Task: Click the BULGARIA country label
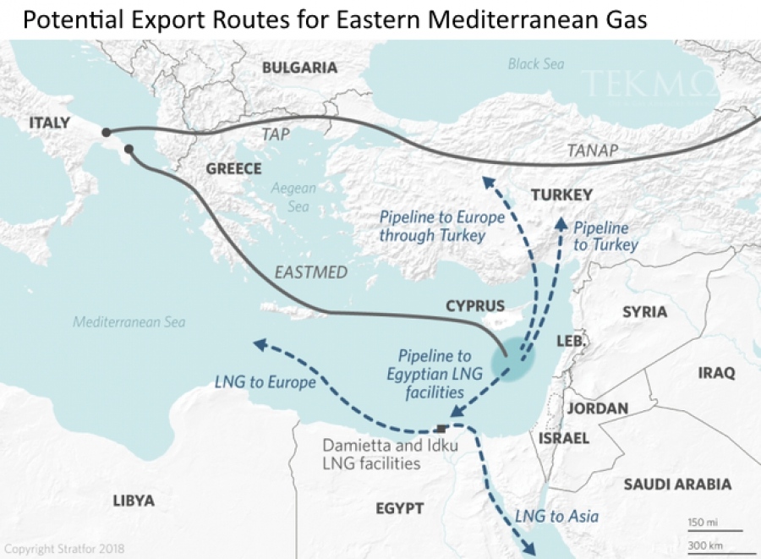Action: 299,68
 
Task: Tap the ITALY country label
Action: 49,123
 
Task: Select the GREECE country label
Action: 233,169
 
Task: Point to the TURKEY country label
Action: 561,195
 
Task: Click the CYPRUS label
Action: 474,306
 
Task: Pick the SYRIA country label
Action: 644,312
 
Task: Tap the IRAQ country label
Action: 716,372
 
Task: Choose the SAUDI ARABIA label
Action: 677,485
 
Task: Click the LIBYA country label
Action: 134,501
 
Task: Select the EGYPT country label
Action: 400,508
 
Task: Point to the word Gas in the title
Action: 625,19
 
